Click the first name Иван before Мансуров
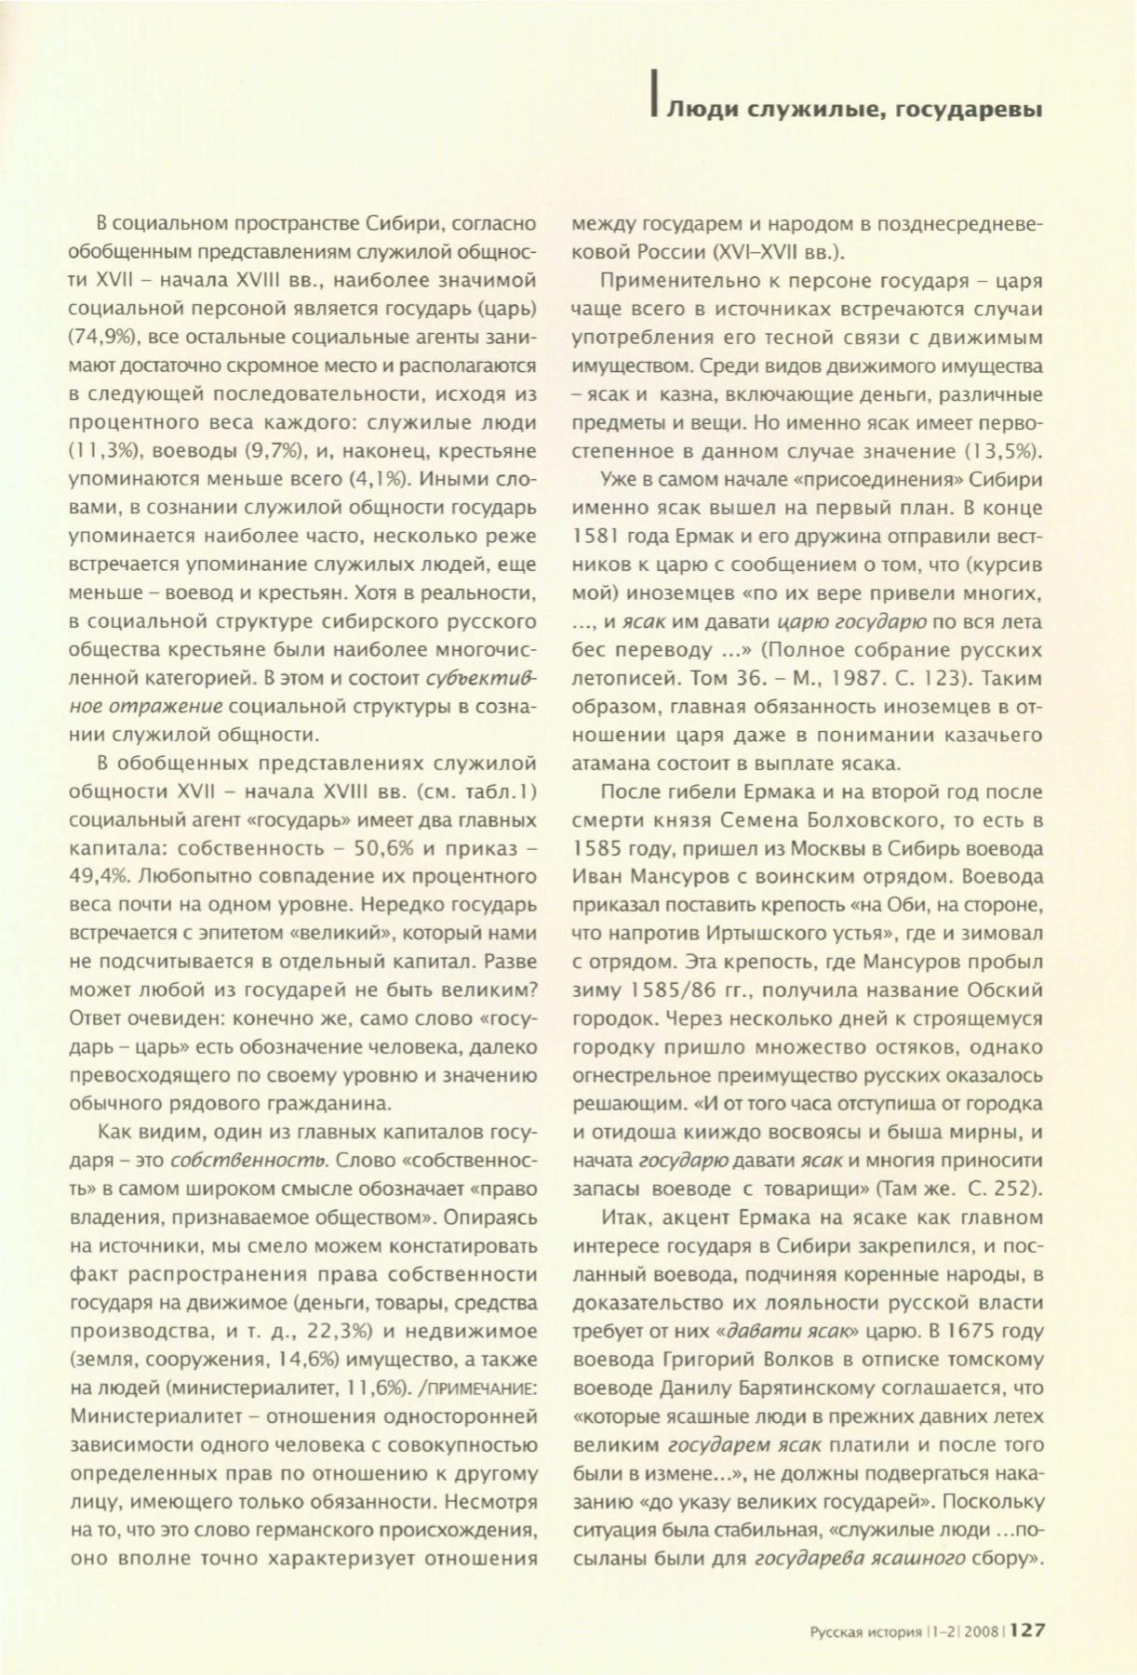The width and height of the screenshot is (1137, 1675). click(597, 877)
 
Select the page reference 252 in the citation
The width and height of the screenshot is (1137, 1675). click(1010, 1189)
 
